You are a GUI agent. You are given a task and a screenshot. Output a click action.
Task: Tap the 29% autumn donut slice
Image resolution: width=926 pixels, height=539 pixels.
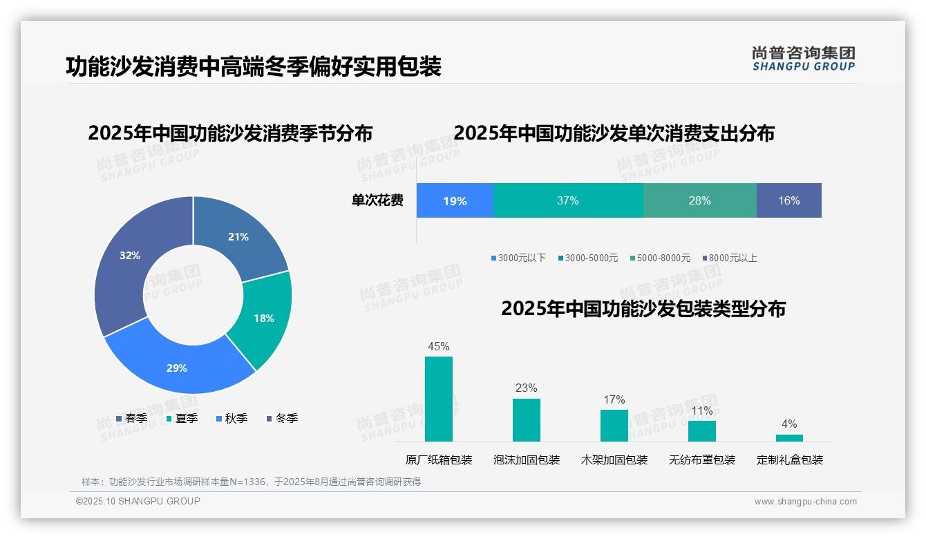pyautogui.click(x=178, y=367)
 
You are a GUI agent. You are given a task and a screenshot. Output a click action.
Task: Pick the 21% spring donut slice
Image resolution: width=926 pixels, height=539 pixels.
pyautogui.click(x=238, y=237)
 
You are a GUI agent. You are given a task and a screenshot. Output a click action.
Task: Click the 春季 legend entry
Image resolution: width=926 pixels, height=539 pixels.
pyautogui.click(x=131, y=418)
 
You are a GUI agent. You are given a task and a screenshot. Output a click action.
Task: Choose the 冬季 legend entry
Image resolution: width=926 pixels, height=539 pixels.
pyautogui.click(x=281, y=418)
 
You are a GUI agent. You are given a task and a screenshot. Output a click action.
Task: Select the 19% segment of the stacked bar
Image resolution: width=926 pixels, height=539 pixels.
pyautogui.click(x=455, y=201)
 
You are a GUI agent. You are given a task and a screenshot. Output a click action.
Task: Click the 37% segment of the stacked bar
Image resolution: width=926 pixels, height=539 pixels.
pyautogui.click(x=568, y=201)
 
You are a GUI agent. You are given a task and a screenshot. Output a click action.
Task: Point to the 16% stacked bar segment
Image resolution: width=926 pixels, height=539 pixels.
pyautogui.click(x=788, y=201)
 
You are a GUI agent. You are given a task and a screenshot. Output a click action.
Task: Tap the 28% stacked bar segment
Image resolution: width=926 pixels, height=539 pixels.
pyautogui.click(x=699, y=201)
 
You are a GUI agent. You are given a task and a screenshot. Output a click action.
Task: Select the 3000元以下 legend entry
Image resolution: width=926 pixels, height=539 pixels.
pyautogui.click(x=518, y=258)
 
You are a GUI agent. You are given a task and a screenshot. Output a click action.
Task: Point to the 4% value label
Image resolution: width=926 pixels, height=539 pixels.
pyautogui.click(x=789, y=424)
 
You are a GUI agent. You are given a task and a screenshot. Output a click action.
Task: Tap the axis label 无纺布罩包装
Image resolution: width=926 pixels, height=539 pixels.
pyautogui.click(x=702, y=460)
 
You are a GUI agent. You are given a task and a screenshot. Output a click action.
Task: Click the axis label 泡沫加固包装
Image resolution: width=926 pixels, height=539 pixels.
pyautogui.click(x=527, y=460)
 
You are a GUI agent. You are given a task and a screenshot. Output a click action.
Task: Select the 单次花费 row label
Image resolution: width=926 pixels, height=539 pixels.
pyautogui.click(x=377, y=201)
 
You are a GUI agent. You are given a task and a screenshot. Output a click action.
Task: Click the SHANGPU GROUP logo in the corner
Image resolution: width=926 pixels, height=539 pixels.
pyautogui.click(x=803, y=59)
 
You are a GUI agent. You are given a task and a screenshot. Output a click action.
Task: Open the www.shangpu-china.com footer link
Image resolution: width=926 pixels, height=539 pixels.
pyautogui.click(x=805, y=502)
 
